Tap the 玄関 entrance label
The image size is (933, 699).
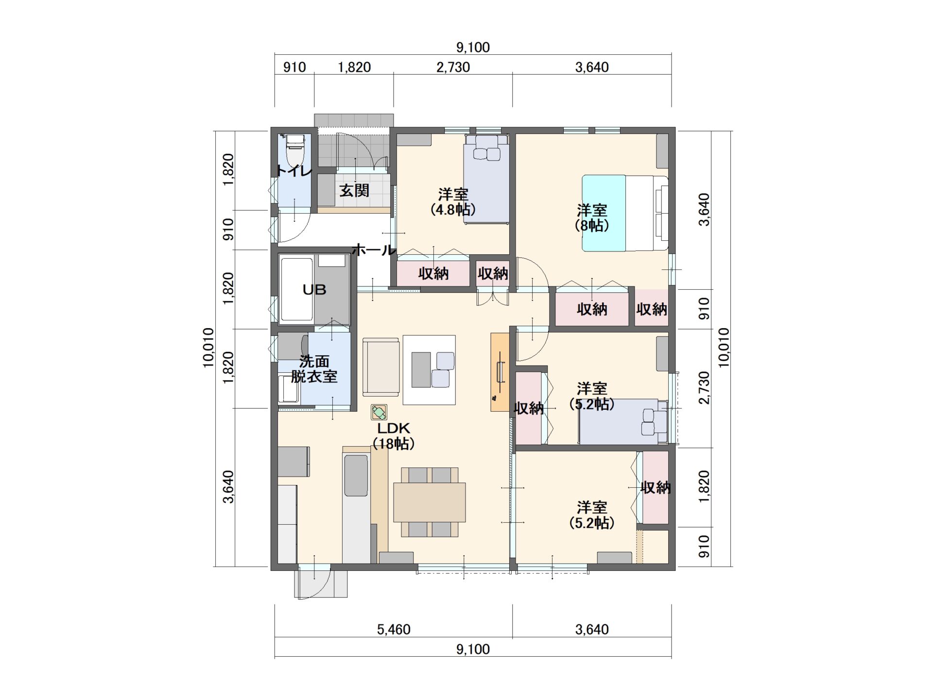tap(354, 191)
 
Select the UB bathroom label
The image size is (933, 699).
tap(314, 290)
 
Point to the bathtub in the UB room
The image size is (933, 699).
tap(296, 289)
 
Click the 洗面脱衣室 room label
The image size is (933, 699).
tap(314, 368)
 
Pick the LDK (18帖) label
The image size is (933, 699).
tap(394, 435)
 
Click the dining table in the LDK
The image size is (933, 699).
tap(429, 502)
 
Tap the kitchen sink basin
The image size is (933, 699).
tap(356, 476)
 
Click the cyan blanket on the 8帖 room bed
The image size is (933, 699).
tap(604, 213)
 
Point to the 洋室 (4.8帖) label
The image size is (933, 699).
tap(453, 202)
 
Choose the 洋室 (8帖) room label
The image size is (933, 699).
tap(592, 218)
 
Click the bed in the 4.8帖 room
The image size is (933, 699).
tap(486, 179)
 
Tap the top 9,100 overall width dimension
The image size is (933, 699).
tap(473, 47)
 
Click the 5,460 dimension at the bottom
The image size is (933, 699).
tap(394, 630)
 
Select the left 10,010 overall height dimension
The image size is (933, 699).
tap(208, 348)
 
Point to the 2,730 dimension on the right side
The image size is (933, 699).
tap(704, 387)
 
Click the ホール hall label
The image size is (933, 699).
tap(374, 250)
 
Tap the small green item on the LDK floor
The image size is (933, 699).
tap(379, 413)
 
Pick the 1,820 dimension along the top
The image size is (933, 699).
tap(354, 67)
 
